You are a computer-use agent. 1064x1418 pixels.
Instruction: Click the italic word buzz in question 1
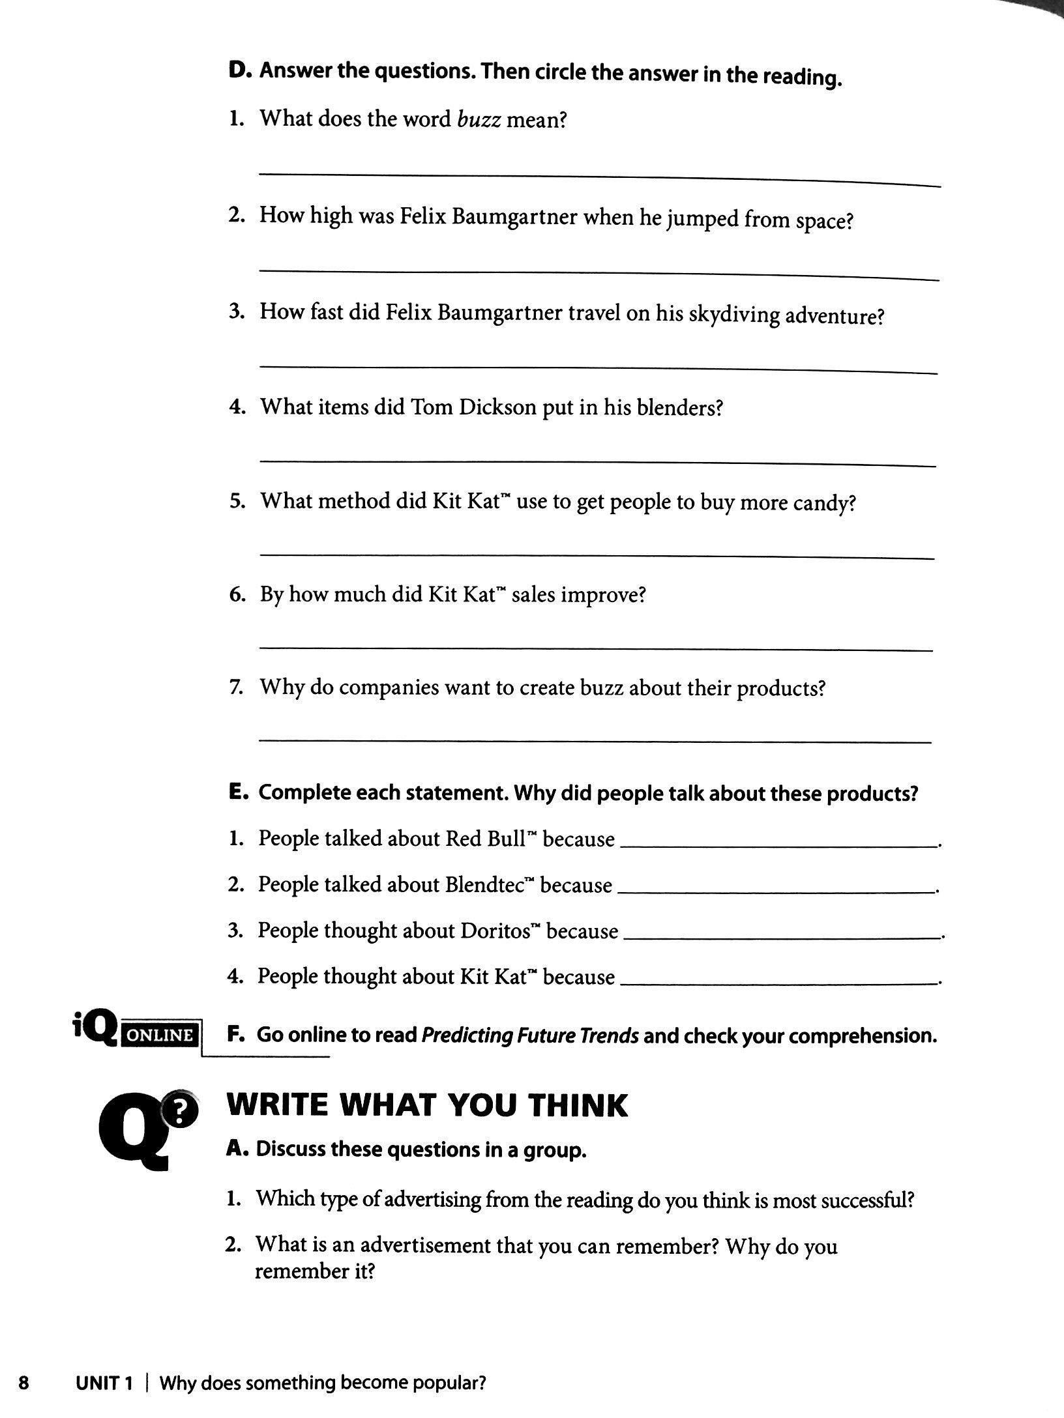pos(479,120)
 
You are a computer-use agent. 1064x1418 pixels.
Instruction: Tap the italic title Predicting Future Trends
pos(529,1035)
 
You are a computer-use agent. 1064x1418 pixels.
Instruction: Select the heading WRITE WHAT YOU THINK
pos(426,1106)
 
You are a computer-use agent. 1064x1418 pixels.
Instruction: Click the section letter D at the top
pos(236,70)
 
